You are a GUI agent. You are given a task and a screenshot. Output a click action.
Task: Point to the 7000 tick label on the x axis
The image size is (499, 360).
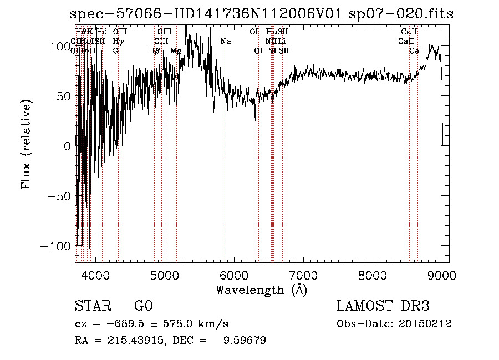pos(303,275)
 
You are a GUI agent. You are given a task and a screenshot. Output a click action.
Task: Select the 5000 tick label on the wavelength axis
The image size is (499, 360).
pos(164,275)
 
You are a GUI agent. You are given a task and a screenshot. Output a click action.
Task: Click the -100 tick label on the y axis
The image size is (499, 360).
pos(57,245)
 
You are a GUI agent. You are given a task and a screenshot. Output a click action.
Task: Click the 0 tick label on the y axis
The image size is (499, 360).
pos(68,146)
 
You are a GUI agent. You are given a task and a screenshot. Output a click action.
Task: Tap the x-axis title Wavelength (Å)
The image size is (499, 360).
pos(261,290)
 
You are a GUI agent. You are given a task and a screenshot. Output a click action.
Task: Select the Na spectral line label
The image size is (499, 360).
pos(226,41)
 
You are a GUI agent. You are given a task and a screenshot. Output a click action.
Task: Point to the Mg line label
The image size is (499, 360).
pos(176,50)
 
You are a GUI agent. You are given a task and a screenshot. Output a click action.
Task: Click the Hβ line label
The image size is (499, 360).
pos(155,50)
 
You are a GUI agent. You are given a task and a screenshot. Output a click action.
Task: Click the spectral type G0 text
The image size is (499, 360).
pos(143,306)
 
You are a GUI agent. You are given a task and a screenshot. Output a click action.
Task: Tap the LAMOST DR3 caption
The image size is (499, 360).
pos(383,306)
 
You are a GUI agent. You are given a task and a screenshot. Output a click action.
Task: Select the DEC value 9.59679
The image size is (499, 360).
pos(245,341)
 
